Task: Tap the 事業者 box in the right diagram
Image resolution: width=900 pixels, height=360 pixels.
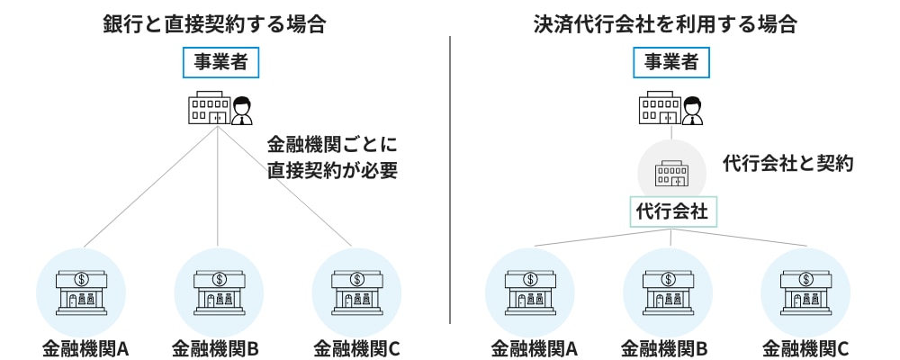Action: pos(671,62)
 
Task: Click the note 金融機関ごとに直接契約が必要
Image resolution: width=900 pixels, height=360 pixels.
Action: pos(332,157)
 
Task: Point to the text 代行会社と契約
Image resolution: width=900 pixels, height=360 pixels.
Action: pos(787,164)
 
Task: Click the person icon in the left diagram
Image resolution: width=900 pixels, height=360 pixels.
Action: pos(241,111)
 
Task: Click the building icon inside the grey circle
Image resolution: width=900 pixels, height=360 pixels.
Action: pos(671,172)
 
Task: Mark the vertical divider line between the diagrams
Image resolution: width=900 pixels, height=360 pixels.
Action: pos(449,180)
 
